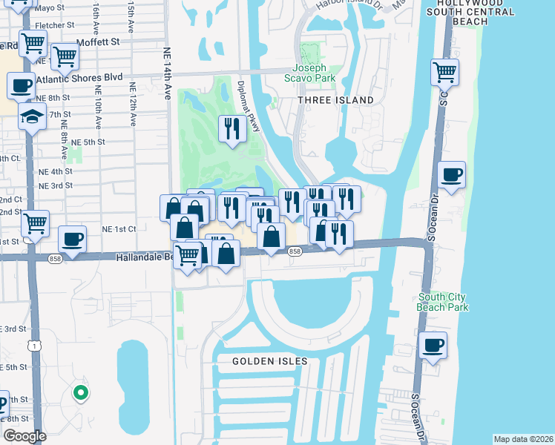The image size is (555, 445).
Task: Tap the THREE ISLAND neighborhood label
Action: [336, 100]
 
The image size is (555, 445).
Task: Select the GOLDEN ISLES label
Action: [269, 361]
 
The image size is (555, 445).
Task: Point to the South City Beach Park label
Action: [443, 302]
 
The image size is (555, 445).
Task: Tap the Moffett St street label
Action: [98, 42]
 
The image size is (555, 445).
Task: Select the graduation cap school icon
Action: [32, 116]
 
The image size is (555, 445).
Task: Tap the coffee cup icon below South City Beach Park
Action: [433, 345]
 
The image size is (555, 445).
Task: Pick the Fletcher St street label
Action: [54, 25]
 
